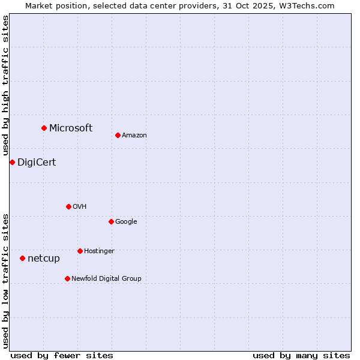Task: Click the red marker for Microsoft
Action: (44, 128)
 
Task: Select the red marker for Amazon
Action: (118, 135)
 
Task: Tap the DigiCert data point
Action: (12, 162)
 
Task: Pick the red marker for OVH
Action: (68, 206)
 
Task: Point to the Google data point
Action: (111, 221)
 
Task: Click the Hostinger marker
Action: (80, 251)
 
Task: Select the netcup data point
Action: (22, 258)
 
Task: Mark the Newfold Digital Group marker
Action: (67, 278)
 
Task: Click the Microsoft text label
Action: (71, 128)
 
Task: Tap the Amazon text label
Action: (134, 136)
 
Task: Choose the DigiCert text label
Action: (37, 163)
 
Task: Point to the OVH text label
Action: (80, 207)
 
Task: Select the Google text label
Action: (126, 222)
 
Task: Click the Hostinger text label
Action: (99, 251)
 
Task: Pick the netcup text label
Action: (44, 259)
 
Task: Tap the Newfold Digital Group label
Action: (106, 279)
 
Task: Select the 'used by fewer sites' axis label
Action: (62, 355)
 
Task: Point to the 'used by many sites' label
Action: (301, 355)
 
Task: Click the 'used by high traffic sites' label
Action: (5, 86)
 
